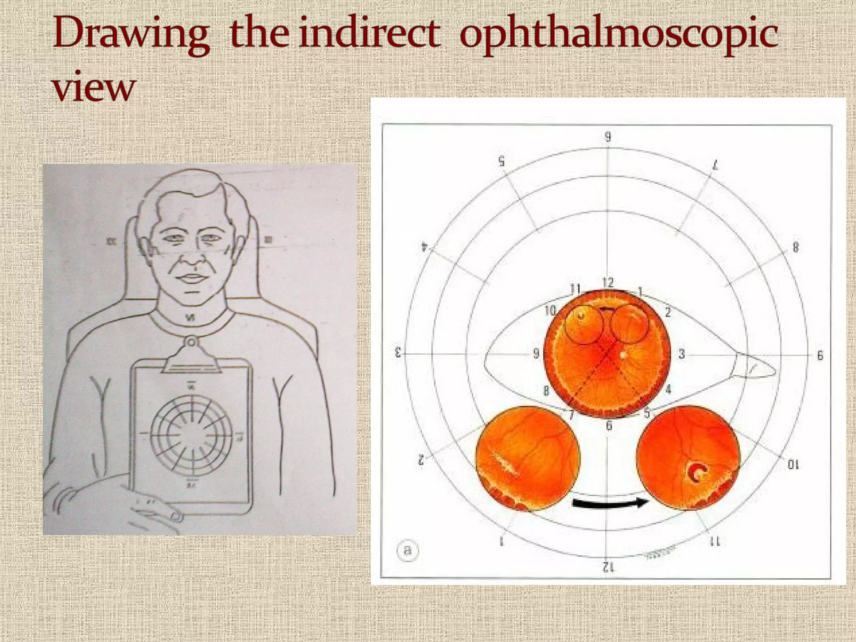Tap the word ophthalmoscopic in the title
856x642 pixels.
pyautogui.click(x=619, y=36)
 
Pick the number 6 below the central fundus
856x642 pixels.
pyautogui.click(x=609, y=425)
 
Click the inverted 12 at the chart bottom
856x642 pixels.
pyautogui.click(x=608, y=567)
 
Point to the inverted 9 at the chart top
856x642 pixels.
pyautogui.click(x=608, y=137)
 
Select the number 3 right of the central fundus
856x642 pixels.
pyautogui.click(x=682, y=354)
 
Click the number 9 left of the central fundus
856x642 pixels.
pyautogui.click(x=536, y=354)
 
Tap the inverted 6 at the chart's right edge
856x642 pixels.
pyautogui.click(x=820, y=356)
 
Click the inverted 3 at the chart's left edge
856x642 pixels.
pyautogui.click(x=398, y=352)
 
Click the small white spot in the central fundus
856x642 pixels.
pyautogui.click(x=624, y=355)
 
